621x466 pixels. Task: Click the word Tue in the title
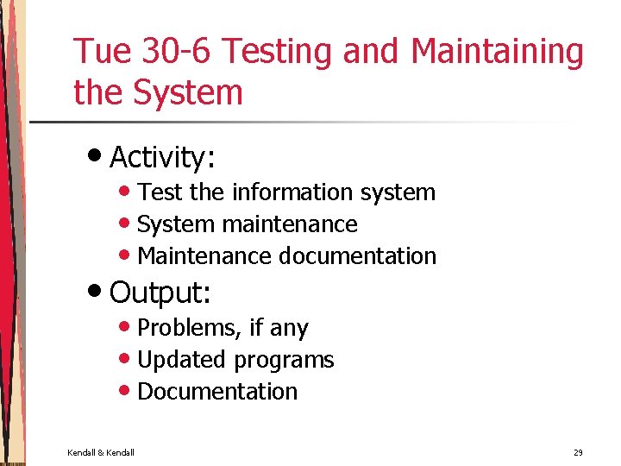click(x=100, y=52)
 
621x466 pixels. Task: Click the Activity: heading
click(x=162, y=158)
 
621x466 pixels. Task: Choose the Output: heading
click(x=160, y=293)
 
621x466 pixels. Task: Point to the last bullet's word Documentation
click(x=217, y=392)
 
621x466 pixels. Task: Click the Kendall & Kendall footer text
click(x=101, y=452)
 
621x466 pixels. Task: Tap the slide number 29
click(x=577, y=452)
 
